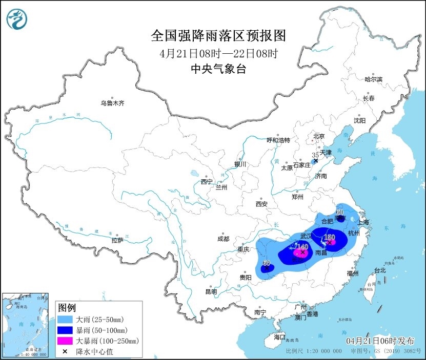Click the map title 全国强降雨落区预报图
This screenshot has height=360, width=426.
[x=218, y=35]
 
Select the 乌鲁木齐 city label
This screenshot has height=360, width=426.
[x=112, y=103]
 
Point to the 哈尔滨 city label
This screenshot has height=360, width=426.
[x=373, y=79]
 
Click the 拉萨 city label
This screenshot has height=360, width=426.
[x=117, y=240]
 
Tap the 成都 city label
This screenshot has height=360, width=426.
[x=223, y=239]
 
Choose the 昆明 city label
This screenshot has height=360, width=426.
[x=211, y=291]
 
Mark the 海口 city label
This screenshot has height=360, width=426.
[x=279, y=337]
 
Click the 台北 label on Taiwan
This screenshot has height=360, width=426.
[x=379, y=270]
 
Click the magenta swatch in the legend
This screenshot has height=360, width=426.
[x=65, y=340]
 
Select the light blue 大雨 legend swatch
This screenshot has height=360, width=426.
[x=65, y=319]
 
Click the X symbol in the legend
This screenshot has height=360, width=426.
[x=65, y=351]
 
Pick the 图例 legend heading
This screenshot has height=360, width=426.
[x=67, y=308]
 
